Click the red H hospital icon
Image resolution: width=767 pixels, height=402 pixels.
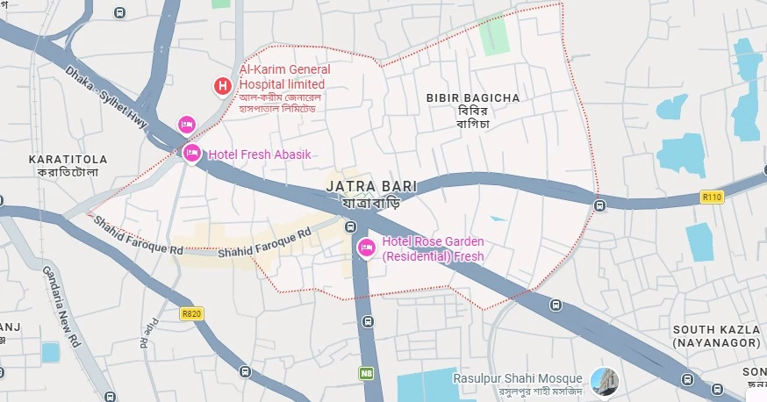[x=223, y=85]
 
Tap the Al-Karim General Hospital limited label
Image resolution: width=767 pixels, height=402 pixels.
[x=284, y=77]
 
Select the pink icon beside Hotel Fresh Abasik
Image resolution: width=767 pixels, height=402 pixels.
[x=192, y=154]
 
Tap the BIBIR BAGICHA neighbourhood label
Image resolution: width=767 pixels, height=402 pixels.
[x=473, y=97]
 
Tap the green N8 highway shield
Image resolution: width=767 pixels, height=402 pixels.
[x=366, y=373]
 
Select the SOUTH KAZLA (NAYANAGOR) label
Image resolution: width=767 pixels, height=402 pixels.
[x=716, y=335]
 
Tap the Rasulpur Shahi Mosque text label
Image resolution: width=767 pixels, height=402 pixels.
[x=517, y=378]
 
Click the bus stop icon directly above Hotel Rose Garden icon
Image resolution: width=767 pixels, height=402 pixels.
[x=352, y=227]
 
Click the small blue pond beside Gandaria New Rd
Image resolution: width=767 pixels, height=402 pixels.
[x=50, y=353]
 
